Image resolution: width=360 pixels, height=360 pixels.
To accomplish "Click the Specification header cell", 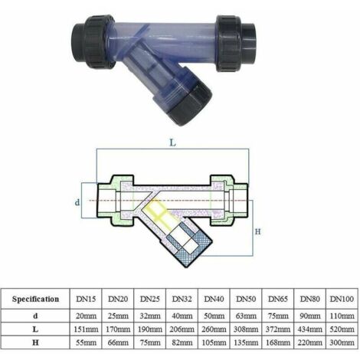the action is (35, 299).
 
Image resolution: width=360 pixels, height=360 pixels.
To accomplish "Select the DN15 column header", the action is (86, 299).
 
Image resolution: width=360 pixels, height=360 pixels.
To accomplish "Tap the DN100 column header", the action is (342, 299).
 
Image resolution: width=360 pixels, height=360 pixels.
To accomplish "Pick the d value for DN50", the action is (246, 316).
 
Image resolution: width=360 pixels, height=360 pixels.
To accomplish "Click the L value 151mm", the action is (86, 329).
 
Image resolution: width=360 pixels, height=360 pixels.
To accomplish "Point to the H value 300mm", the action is (342, 342).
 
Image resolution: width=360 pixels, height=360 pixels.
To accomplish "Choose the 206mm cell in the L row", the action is (182, 329).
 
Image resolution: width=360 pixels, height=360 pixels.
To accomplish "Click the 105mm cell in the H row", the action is (214, 342).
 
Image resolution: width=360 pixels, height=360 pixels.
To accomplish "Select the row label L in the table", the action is (35, 329).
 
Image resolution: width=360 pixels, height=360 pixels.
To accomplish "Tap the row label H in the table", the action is (35, 342).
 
